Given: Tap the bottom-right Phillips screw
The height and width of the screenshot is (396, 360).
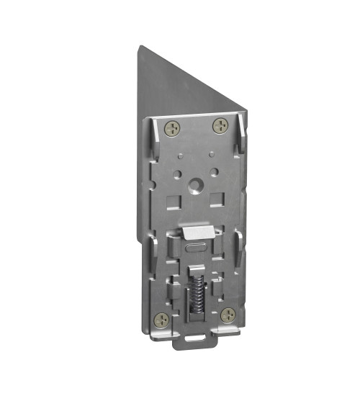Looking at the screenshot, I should (x=228, y=314).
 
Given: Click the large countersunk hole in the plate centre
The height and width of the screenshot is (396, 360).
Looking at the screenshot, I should (x=194, y=186).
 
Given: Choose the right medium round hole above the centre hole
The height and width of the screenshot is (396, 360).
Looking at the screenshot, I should (x=213, y=171).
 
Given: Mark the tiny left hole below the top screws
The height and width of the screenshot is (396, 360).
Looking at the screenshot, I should (x=180, y=154).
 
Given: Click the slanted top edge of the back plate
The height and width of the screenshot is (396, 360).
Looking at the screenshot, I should (x=194, y=80).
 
